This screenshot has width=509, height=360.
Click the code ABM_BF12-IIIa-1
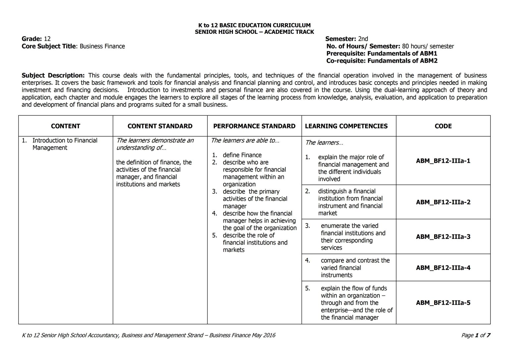coord(443,161)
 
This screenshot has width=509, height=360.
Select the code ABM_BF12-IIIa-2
coord(443,202)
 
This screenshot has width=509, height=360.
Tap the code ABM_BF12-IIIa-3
coord(443,237)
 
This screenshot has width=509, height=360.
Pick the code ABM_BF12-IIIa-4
coord(443,268)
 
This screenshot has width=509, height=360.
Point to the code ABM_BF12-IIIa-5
coord(443,303)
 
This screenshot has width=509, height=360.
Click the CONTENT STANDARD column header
coord(160,126)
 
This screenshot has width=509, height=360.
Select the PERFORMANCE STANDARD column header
coord(254,126)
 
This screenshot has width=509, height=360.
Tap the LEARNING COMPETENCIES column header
coord(346,126)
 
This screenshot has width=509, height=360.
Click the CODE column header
coord(443,126)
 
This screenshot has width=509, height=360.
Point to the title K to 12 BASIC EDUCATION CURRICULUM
coord(254,25)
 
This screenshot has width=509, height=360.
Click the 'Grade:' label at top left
coord(31,39)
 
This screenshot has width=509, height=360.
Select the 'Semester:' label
coord(340,39)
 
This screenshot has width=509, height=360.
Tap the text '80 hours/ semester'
coord(428,46)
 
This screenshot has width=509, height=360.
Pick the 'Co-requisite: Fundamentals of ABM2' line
coord(382,61)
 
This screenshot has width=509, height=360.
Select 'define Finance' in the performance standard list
coord(242,155)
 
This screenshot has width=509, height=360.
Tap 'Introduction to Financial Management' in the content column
coord(65,144)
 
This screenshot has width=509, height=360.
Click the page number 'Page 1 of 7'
coord(476,335)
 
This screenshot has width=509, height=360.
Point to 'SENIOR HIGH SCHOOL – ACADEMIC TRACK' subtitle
coord(254,32)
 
